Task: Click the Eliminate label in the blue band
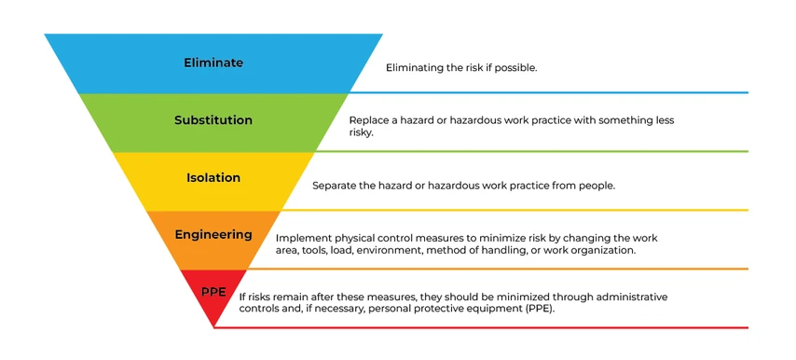(x=213, y=63)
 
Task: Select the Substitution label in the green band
(x=213, y=120)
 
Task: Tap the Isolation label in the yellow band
(x=213, y=177)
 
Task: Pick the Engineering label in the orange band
(x=213, y=235)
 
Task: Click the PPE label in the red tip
(x=213, y=292)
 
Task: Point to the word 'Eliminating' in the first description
(x=417, y=68)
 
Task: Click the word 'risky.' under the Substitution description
(x=361, y=133)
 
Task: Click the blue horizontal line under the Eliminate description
(x=559, y=92)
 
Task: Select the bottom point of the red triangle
(x=214, y=326)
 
